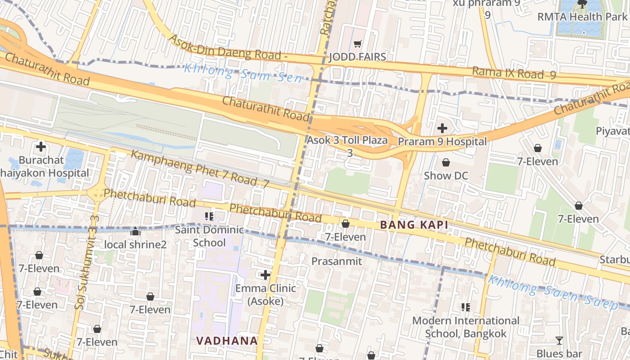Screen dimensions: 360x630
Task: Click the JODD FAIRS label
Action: click(358, 57)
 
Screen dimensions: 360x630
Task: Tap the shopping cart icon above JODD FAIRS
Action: click(358, 44)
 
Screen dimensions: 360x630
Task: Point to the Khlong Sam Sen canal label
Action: click(243, 73)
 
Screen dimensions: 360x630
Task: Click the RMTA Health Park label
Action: click(582, 17)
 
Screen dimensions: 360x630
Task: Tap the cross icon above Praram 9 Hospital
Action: click(442, 128)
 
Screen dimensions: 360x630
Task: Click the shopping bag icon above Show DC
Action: click(445, 162)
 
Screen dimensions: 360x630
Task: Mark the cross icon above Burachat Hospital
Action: click(41, 147)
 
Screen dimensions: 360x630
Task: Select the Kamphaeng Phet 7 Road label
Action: click(200, 169)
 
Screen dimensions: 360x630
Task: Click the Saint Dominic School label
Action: click(209, 236)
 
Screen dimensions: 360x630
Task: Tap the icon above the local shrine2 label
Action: click(135, 232)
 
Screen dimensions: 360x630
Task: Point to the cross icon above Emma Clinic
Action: click(265, 274)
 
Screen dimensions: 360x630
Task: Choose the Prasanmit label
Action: click(337, 261)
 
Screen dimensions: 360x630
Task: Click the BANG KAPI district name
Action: click(414, 225)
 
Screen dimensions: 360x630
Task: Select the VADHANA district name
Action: click(227, 341)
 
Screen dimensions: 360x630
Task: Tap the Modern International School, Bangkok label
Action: click(466, 327)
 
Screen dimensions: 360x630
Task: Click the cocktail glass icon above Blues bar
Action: click(559, 341)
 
